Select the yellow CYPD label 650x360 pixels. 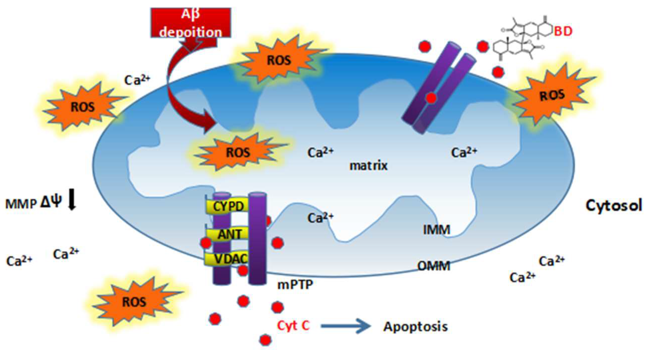tap(228, 206)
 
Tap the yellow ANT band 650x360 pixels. tap(229, 234)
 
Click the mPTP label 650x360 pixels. tap(295, 285)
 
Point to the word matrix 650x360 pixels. tap(368, 166)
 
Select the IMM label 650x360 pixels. tap(436, 230)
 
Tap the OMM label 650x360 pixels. tap(433, 266)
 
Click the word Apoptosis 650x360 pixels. tap(415, 327)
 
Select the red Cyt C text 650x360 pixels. tap(293, 326)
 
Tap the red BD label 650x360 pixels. tap(563, 32)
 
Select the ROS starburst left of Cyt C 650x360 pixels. tap(134, 302)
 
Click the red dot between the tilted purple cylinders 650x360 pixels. tap(431, 98)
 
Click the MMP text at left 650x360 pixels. tap(21, 204)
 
